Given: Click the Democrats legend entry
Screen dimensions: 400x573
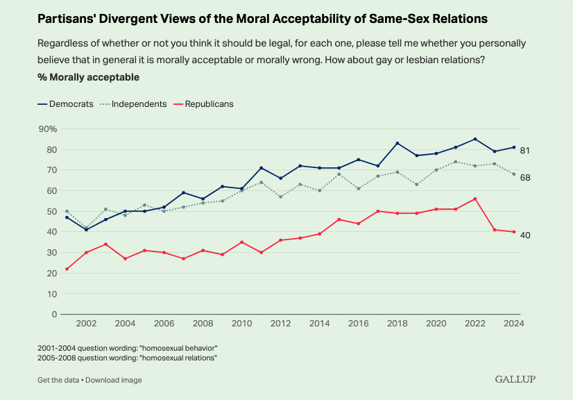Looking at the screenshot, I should [70, 103].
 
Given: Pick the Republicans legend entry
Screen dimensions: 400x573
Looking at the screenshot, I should [206, 103].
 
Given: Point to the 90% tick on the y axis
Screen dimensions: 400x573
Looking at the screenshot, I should [47, 129].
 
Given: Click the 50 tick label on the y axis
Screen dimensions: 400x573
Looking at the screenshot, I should [51, 211].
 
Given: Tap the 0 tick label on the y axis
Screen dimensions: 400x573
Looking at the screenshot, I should [54, 315].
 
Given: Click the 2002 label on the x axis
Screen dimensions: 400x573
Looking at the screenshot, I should [86, 324].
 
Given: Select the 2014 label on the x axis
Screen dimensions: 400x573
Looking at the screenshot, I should [320, 324].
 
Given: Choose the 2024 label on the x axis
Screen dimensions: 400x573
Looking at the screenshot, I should [513, 324].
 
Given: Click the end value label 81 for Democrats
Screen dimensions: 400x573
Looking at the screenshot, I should [525, 150].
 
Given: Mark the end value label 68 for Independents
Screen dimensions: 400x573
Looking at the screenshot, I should [525, 177].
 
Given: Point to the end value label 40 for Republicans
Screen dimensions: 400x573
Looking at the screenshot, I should [525, 235].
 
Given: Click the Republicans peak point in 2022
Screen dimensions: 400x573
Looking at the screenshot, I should [474, 199].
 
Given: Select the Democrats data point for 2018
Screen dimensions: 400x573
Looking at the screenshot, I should [397, 143].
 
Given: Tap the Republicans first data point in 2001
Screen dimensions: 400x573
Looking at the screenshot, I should [67, 269].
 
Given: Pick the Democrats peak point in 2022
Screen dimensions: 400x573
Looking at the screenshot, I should [474, 139].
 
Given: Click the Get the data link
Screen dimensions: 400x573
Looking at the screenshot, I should [58, 380].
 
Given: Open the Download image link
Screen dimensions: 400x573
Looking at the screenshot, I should [114, 380].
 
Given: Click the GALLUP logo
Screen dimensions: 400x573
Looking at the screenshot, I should [515, 379].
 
